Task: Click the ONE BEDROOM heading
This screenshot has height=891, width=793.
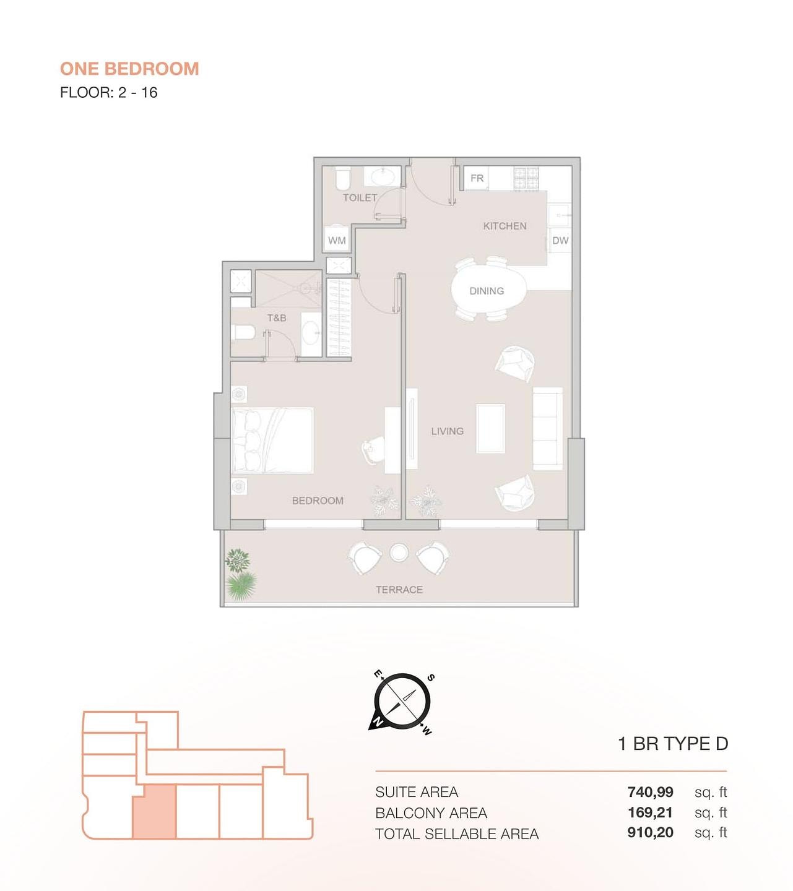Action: pyautogui.click(x=129, y=69)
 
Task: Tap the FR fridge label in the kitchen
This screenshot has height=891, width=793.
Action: pyautogui.click(x=477, y=178)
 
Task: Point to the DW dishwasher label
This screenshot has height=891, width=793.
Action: pyautogui.click(x=560, y=241)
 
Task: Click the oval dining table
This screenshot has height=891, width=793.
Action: pyautogui.click(x=488, y=291)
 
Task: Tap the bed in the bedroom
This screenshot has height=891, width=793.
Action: pyautogui.click(x=272, y=441)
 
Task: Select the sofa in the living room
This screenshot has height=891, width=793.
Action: pyautogui.click(x=547, y=429)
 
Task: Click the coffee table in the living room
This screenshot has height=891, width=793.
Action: pyautogui.click(x=490, y=428)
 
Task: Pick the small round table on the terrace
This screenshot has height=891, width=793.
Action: pyautogui.click(x=399, y=553)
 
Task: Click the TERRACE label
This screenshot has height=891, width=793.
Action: pyautogui.click(x=399, y=590)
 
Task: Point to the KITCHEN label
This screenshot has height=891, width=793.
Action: pyautogui.click(x=505, y=226)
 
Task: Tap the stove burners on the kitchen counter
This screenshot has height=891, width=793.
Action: pyautogui.click(x=526, y=179)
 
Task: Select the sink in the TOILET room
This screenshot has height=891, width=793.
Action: pyautogui.click(x=383, y=177)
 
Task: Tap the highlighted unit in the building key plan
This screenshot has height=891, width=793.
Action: pyautogui.click(x=155, y=811)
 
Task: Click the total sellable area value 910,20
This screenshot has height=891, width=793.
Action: pyautogui.click(x=651, y=832)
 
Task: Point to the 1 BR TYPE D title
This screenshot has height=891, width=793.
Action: pyautogui.click(x=673, y=744)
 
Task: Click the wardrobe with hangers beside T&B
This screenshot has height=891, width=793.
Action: pyautogui.click(x=339, y=317)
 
